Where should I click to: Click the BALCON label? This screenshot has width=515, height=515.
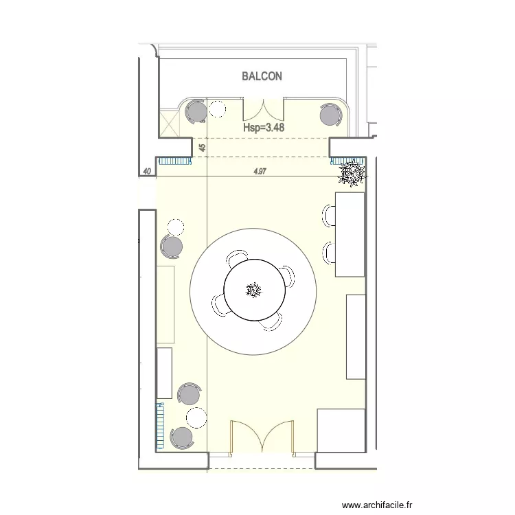click(x=262, y=76)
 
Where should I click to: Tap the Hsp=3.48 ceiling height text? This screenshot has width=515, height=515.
click(x=264, y=127)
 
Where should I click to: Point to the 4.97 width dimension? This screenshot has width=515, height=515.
click(x=260, y=172)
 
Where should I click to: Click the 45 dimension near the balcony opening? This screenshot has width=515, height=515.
click(x=202, y=148)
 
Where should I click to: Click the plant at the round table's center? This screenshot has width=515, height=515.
click(x=254, y=290)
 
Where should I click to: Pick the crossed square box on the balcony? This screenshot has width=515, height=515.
click(x=169, y=124)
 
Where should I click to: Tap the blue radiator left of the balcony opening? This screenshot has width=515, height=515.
click(x=174, y=161)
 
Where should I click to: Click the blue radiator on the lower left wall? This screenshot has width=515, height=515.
click(x=160, y=426)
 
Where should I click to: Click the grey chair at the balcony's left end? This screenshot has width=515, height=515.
click(x=196, y=112)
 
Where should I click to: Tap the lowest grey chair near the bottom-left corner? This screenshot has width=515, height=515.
click(x=182, y=437)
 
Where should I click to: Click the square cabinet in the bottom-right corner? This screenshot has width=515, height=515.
click(x=341, y=431)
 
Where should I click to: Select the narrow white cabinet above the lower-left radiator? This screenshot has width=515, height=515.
click(x=163, y=373)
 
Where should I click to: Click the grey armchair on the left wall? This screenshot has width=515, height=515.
click(x=172, y=245)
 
